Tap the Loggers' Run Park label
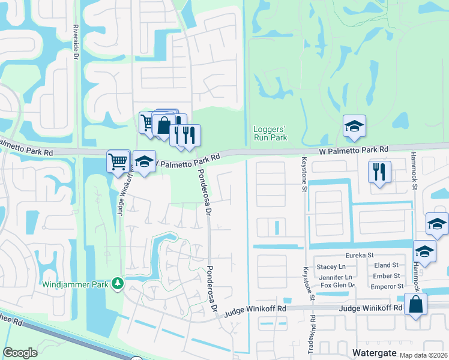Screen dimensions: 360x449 click(270, 133)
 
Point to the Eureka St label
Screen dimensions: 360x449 click(358, 255)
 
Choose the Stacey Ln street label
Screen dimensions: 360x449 click(331, 266)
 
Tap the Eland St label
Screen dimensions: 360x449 click(386, 265)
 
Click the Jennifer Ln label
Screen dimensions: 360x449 click(335, 277)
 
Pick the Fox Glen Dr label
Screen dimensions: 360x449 click(338, 286)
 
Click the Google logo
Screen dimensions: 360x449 click(20, 353)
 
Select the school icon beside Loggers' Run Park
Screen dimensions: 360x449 click(354, 127)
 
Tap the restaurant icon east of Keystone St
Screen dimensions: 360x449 click(380, 173)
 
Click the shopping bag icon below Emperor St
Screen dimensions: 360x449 click(415, 305)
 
